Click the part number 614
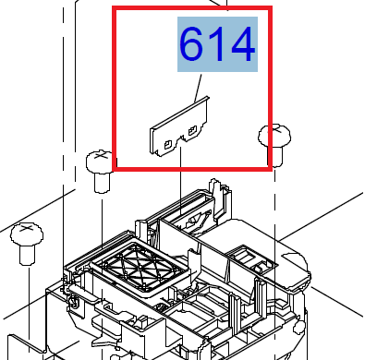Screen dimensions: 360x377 [x=217, y=46]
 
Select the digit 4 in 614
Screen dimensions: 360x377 [x=240, y=46]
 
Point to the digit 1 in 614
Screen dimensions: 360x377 [x=219, y=46]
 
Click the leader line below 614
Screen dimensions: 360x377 [x=197, y=88]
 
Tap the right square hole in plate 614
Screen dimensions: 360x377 [x=192, y=133]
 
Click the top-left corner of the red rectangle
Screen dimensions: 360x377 [x=114, y=9]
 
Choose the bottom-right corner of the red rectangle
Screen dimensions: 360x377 [x=271, y=169]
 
